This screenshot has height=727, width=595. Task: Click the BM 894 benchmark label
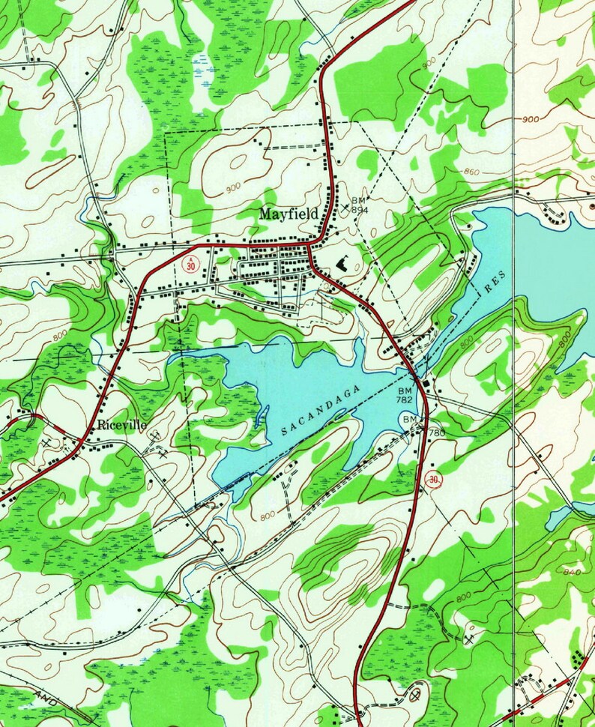pos(360,205)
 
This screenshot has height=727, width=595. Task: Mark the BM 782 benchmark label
pos(405,396)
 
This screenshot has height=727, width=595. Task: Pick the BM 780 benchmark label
pos(423,426)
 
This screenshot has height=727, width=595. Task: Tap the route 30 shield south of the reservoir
pos(432,479)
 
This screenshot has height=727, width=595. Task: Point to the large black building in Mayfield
pos(344,262)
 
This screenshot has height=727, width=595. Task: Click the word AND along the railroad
pos(46,698)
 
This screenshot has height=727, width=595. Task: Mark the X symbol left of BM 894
pos(345,207)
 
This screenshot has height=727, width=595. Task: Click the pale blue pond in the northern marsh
pos(199,60)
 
